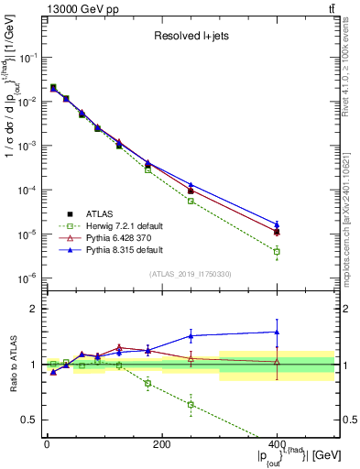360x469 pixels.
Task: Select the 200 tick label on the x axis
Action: tap(161, 444)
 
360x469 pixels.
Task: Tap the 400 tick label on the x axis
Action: tap(277, 444)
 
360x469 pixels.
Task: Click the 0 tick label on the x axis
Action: tap(47, 444)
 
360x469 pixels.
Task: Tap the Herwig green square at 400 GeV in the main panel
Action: tap(277, 251)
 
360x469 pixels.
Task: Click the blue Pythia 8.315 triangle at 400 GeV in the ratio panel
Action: tap(277, 332)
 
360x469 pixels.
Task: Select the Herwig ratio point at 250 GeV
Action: tap(191, 404)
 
